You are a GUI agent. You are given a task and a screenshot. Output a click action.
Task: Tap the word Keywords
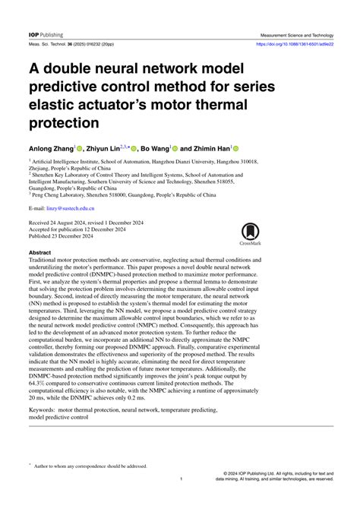46,409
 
